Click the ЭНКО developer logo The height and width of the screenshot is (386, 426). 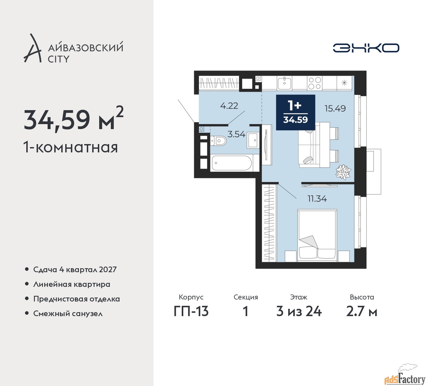click(x=366, y=48)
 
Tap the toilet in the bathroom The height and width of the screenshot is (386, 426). click(x=218, y=140)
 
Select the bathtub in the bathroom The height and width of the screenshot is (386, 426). click(x=232, y=163)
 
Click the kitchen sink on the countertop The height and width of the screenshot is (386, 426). click(x=284, y=83)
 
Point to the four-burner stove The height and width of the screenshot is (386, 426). click(x=315, y=83)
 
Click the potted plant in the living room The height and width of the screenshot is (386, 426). click(x=343, y=171)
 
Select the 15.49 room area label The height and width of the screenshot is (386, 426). click(x=335, y=108)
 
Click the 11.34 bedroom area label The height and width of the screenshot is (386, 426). click(x=317, y=199)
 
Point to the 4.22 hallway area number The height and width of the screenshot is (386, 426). click(x=229, y=105)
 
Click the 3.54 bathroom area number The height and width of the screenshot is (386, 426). click(x=236, y=134)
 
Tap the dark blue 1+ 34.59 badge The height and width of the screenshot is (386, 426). click(x=296, y=112)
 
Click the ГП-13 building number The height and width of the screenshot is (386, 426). click(x=191, y=311)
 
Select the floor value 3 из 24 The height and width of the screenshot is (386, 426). click(x=299, y=311)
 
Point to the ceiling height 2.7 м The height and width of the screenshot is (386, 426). click(x=361, y=311)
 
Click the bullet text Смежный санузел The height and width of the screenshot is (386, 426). click(x=68, y=313)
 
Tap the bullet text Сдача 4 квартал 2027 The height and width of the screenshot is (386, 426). click(x=75, y=270)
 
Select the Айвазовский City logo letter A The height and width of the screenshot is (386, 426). click(x=33, y=48)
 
